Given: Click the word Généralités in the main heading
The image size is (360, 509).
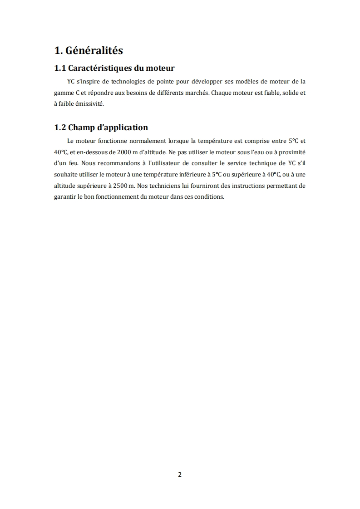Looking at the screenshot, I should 94,50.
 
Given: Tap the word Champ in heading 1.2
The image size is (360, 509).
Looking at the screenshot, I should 80,127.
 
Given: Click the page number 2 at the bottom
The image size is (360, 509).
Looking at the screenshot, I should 180,475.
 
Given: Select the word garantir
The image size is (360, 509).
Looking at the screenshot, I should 64,197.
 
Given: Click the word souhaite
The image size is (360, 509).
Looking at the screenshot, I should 64,174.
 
